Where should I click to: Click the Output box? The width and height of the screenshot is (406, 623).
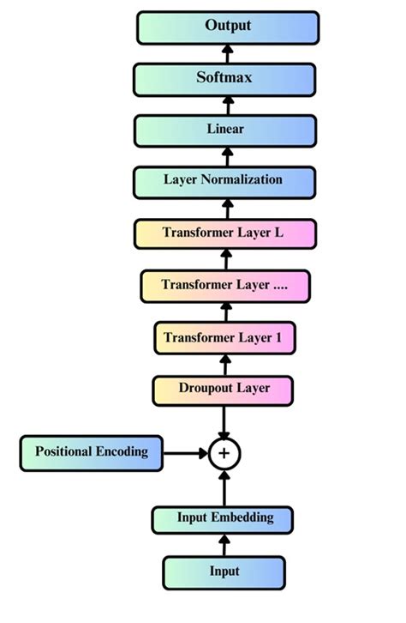tap(227, 27)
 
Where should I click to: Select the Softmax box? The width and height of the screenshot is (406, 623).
tap(227, 78)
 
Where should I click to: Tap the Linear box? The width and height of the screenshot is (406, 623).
tap(227, 130)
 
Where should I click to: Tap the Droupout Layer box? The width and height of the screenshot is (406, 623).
tap(224, 389)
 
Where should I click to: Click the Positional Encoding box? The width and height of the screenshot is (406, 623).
tap(91, 451)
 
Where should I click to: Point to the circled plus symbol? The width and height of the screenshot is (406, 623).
tap(224, 453)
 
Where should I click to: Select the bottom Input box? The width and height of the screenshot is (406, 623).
tap(224, 571)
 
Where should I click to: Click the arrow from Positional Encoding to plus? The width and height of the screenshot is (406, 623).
tap(185, 452)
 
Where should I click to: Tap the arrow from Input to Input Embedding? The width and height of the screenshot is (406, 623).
tap(224, 544)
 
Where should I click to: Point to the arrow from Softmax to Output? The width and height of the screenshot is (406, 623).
tap(228, 53)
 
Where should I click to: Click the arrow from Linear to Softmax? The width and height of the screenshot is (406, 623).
tap(228, 105)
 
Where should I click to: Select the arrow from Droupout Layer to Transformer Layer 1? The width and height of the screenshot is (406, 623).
tap(224, 363)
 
